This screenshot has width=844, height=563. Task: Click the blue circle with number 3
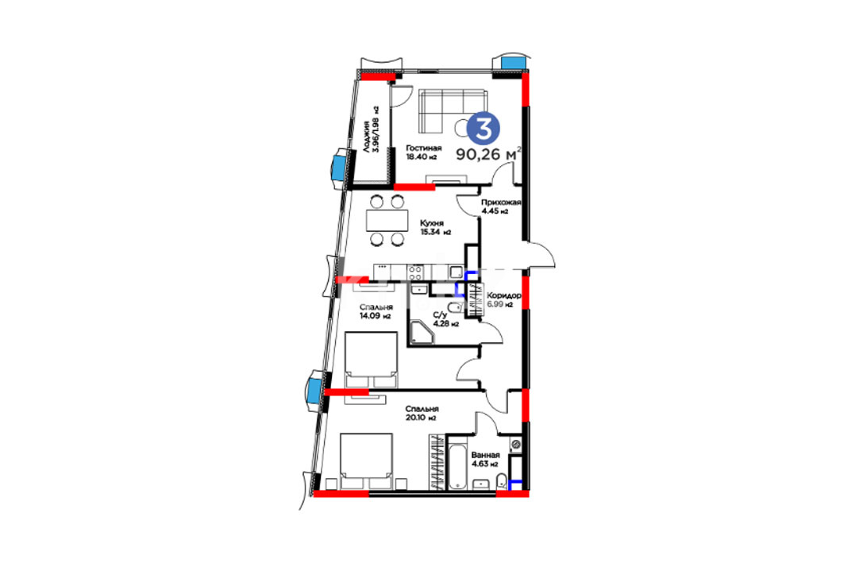tap(483, 129)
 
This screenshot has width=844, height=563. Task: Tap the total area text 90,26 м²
tap(489, 154)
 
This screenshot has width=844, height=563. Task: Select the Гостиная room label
tap(424, 148)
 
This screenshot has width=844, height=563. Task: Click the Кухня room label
tap(432, 223)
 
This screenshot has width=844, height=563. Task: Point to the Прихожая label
tap(501, 202)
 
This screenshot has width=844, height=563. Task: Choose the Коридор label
tap(504, 295)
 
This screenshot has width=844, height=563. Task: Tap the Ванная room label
tap(485, 455)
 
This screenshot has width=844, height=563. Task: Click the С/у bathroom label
tap(440, 315)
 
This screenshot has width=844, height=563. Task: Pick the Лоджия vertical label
tap(367, 139)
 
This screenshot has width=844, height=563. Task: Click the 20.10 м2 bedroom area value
tap(420, 418)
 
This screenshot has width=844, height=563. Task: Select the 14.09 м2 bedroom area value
tap(376, 316)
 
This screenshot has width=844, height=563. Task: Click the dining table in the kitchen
tap(387, 220)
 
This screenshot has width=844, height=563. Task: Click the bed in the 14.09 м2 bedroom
tap(372, 359)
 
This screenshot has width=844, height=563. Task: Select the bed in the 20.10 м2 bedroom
tap(366, 461)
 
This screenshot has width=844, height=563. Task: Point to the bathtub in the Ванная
tap(457, 465)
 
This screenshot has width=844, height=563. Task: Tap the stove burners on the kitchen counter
tap(415, 272)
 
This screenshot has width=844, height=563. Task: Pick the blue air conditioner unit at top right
tap(513, 62)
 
